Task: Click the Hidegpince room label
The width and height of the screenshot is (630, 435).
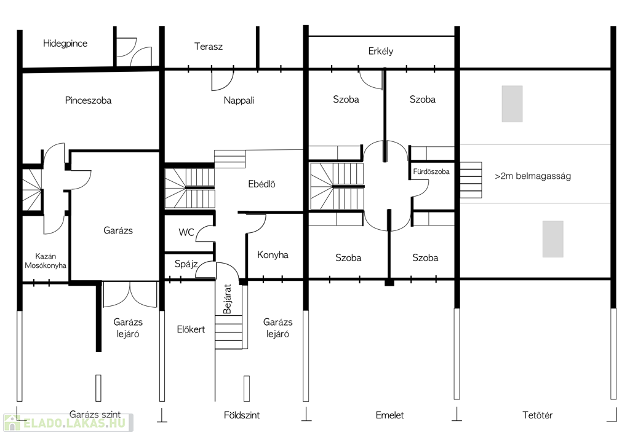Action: point(65,44)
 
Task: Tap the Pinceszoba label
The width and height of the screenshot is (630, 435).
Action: point(88,100)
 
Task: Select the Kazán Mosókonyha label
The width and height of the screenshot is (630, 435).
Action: point(46,261)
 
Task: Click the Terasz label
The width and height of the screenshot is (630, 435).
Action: point(208,47)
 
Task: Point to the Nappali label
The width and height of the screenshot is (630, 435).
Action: point(239,101)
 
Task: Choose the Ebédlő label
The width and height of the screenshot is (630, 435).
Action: point(261,184)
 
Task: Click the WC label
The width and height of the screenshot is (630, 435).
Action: point(186,232)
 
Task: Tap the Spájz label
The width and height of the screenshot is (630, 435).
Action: point(186,264)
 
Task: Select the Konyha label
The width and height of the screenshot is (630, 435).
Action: point(273,255)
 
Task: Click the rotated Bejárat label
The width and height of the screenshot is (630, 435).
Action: point(228,299)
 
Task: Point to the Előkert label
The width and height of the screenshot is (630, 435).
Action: point(191,329)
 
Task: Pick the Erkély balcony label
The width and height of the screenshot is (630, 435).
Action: point(380,52)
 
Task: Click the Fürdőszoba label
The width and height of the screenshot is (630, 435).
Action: point(431,172)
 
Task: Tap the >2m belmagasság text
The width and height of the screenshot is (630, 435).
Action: point(533,176)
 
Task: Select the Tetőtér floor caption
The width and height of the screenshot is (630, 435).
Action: point(537,415)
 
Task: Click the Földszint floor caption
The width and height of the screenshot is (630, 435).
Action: point(241,415)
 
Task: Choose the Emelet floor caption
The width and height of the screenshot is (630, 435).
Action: point(389,415)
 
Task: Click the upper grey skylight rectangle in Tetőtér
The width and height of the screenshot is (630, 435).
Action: point(512,104)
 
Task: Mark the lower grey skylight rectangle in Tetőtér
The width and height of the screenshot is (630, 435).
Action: point(553,239)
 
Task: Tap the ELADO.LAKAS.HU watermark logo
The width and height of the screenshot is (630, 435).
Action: point(68,423)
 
